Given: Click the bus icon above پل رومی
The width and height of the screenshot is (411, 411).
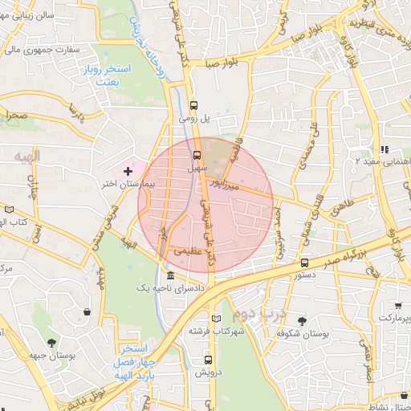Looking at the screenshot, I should click(x=193, y=105).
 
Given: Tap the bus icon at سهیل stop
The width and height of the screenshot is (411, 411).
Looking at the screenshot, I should click(x=197, y=155).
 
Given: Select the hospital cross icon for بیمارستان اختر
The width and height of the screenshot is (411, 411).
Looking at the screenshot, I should click(x=128, y=171).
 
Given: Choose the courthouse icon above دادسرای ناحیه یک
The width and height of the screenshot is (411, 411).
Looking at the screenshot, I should click(x=170, y=275).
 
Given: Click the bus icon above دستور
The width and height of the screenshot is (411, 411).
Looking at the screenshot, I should click(x=304, y=262).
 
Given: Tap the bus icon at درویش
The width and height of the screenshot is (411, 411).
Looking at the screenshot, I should click(x=209, y=360).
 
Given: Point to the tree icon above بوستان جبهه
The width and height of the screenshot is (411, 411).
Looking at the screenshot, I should click(x=52, y=344).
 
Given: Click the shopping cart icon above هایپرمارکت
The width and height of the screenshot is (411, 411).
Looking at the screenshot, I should click(x=399, y=305).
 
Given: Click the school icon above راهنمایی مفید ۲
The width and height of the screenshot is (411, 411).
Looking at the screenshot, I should click(x=384, y=149).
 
